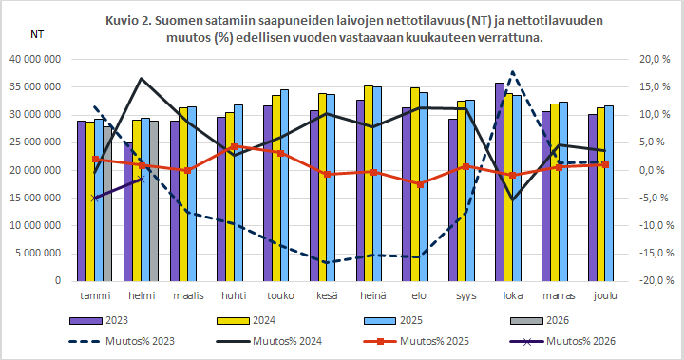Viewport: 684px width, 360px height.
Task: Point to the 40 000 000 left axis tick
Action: [34, 59]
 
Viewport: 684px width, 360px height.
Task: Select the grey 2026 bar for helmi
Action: [154, 201]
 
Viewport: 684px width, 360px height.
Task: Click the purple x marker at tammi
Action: [95, 198]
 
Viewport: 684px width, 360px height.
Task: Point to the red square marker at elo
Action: [420, 183]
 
